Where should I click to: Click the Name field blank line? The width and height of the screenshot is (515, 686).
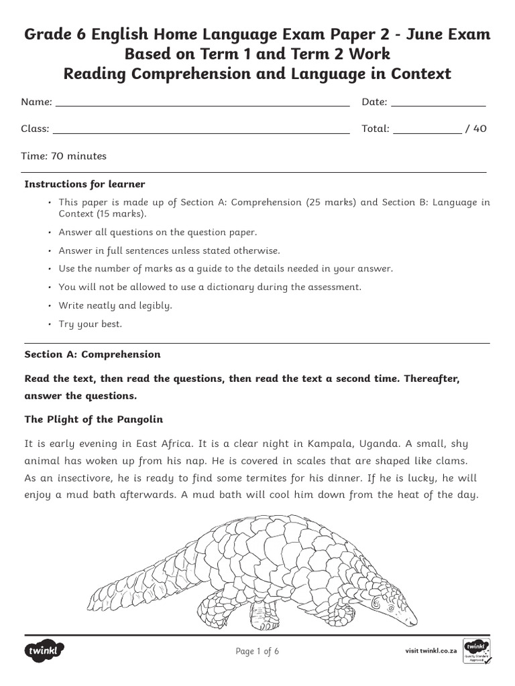[202, 105]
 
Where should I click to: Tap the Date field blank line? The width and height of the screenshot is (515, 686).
[438, 105]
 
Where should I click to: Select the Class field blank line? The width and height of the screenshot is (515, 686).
[201, 132]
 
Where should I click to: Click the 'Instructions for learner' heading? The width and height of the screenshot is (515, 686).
[84, 184]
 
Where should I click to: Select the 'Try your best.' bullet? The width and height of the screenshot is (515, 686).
[90, 324]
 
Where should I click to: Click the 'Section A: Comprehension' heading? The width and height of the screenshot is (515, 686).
[93, 354]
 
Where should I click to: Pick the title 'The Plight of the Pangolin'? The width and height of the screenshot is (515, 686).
[93, 419]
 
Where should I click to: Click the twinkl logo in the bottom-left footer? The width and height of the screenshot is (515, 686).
[46, 650]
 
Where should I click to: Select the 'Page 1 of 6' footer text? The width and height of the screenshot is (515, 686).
[257, 651]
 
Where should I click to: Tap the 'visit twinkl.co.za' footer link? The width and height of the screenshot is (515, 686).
[431, 651]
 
